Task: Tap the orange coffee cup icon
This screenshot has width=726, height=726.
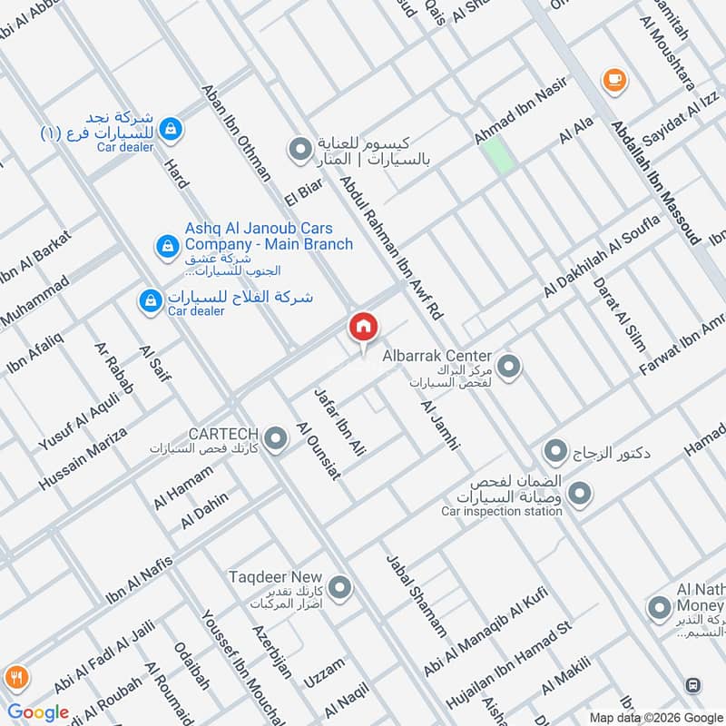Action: [x=614, y=80]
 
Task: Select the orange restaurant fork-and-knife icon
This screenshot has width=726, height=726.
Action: [x=15, y=677]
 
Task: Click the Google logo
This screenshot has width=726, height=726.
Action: [x=39, y=712]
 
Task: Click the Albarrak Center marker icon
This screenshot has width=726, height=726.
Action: [x=509, y=367]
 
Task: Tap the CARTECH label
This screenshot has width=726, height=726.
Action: [x=223, y=433]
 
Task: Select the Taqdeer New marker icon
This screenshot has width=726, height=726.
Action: [x=340, y=589]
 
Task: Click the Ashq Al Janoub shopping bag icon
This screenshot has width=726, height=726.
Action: [x=166, y=245]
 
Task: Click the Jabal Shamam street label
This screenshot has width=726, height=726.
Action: [x=417, y=594]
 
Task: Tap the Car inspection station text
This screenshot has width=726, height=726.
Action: [x=501, y=511]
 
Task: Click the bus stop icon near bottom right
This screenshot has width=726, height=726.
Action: [x=693, y=686]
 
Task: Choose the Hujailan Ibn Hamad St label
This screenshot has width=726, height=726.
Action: [x=509, y=666]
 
